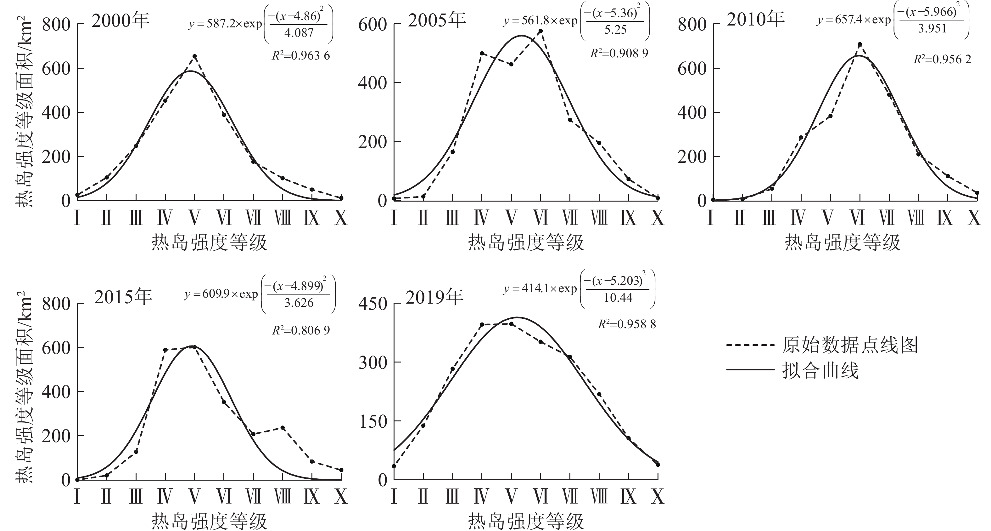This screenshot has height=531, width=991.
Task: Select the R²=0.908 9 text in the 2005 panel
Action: [x=619, y=53]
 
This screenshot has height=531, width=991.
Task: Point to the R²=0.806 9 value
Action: [x=301, y=330]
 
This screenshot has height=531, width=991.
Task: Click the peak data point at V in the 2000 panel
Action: [x=195, y=56]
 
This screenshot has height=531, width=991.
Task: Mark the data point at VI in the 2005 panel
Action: [x=540, y=31]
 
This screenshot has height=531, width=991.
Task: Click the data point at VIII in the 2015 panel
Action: [x=283, y=427]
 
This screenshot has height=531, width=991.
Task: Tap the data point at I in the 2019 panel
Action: [x=394, y=466]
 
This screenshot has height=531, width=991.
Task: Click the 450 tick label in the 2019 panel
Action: [x=372, y=304]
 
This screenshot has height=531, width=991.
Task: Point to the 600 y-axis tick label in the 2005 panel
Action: [x=372, y=25]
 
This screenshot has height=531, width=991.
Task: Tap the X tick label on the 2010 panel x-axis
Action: [x=974, y=218]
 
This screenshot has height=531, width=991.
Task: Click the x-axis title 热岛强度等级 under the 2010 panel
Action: [x=843, y=243]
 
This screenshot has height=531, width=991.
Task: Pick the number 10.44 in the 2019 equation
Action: [x=618, y=297]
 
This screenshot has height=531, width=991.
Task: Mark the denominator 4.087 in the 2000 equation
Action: [x=299, y=33]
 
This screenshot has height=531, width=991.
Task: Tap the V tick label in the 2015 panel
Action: [x=195, y=497]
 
